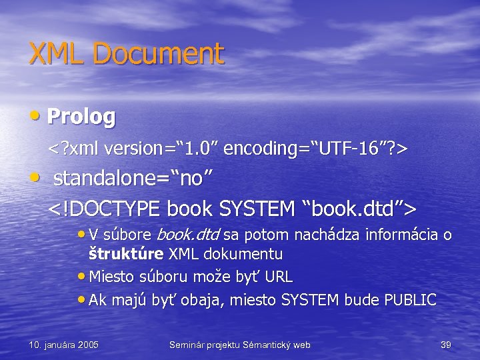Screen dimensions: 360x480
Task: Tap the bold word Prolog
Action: pos(82,117)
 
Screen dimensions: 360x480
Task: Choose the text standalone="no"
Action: pos(133,179)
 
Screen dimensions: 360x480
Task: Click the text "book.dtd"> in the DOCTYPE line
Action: pos(361,208)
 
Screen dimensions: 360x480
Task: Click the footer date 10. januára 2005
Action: pos(64,345)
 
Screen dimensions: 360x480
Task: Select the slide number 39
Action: pos(446,345)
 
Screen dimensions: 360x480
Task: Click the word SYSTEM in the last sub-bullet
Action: pos(311,300)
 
